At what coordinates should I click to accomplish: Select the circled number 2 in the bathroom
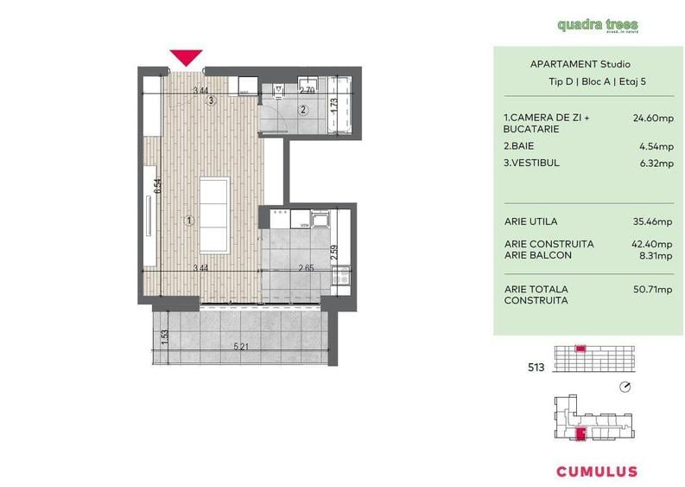303,110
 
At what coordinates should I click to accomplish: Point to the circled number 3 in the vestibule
211,100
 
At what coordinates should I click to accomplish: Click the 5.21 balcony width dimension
241,348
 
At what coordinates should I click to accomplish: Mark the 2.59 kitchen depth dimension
333,253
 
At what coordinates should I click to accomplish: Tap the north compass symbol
626,387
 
